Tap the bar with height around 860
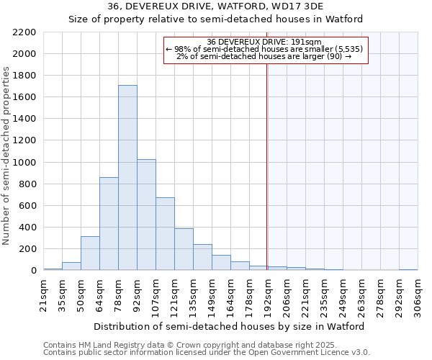coord(109,224)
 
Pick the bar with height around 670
coord(165,234)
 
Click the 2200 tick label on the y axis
coord(24,32)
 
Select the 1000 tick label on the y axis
coord(24,163)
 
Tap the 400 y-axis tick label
coord(27,228)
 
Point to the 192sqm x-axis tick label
coord(268,294)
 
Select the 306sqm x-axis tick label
coord(418,294)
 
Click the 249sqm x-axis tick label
coord(343,294)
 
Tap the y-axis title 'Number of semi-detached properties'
coord(7,156)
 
